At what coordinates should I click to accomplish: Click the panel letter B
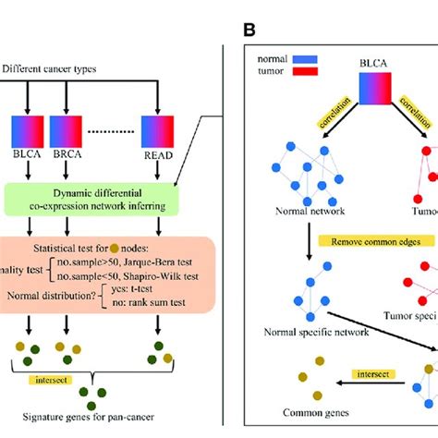249,30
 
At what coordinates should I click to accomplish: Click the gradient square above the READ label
159,131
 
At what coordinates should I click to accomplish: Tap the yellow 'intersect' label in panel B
358,376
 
